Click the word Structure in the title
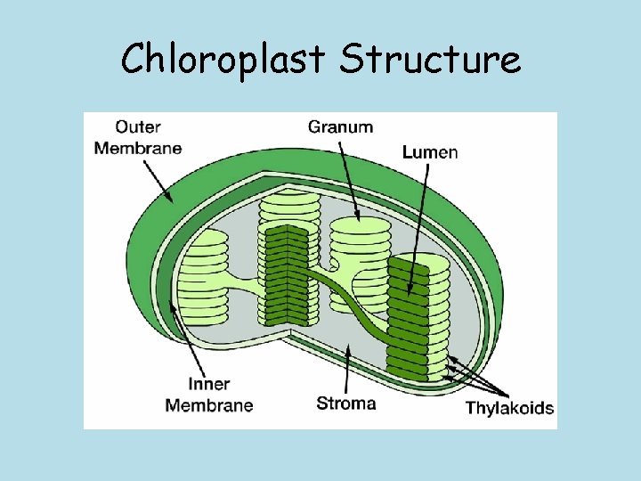[x=431, y=60]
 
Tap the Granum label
[x=340, y=126]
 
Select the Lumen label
[x=430, y=152]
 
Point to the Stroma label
[x=345, y=403]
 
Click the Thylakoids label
[x=509, y=409]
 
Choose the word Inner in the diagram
[x=208, y=385]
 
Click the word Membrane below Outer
[x=137, y=148]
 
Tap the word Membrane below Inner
[x=208, y=405]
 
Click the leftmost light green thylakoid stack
[x=204, y=276]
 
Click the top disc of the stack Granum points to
[x=360, y=224]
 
